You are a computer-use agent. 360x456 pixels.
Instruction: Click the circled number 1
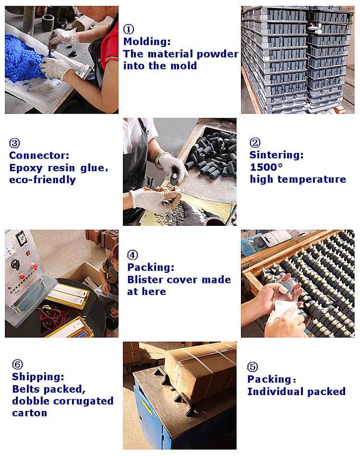point(129,29)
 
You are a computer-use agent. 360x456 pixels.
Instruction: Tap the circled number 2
point(255,142)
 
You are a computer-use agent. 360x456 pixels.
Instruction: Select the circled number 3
point(14,143)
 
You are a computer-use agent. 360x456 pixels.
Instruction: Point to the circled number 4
point(132,255)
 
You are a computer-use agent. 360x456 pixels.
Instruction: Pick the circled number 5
point(252,367)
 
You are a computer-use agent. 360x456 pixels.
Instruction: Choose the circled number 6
point(17,364)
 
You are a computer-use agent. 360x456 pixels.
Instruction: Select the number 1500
point(264,167)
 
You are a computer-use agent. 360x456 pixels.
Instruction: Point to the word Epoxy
point(26,168)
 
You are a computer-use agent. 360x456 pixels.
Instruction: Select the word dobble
point(31,401)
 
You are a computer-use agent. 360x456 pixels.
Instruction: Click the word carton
point(30,413)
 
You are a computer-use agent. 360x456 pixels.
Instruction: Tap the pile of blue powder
point(24,58)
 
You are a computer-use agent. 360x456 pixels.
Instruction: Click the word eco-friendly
point(43,180)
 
